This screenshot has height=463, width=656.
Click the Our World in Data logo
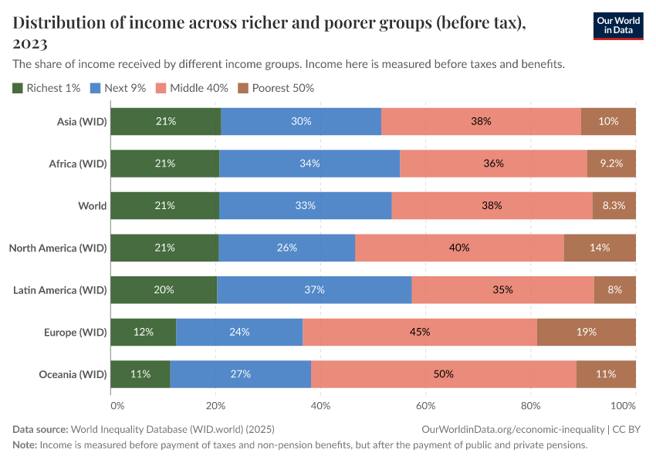pos(617,25)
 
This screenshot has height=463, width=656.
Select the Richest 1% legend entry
pos(46,88)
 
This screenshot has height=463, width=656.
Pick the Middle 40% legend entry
pos(192,88)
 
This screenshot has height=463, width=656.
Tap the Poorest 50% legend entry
pos(276,88)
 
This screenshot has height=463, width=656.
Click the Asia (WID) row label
pos(81,122)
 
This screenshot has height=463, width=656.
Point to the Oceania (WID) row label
pos(72,374)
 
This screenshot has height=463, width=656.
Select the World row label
pos(92,206)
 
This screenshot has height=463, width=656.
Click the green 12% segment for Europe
pos(144,332)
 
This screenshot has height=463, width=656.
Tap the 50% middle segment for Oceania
pos(443,374)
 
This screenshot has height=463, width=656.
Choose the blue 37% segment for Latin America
pos(314,290)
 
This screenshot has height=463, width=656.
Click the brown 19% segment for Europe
pos(586,332)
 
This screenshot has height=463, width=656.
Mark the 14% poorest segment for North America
pos(600,248)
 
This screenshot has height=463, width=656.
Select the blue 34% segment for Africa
pos(309,164)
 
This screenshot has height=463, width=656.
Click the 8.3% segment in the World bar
pos(614,206)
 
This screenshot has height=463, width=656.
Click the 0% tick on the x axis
pos(117,405)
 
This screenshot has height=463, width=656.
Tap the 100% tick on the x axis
pos(622,405)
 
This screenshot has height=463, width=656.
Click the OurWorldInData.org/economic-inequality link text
pos(513,429)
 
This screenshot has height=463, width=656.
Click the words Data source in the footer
pos(40,429)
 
